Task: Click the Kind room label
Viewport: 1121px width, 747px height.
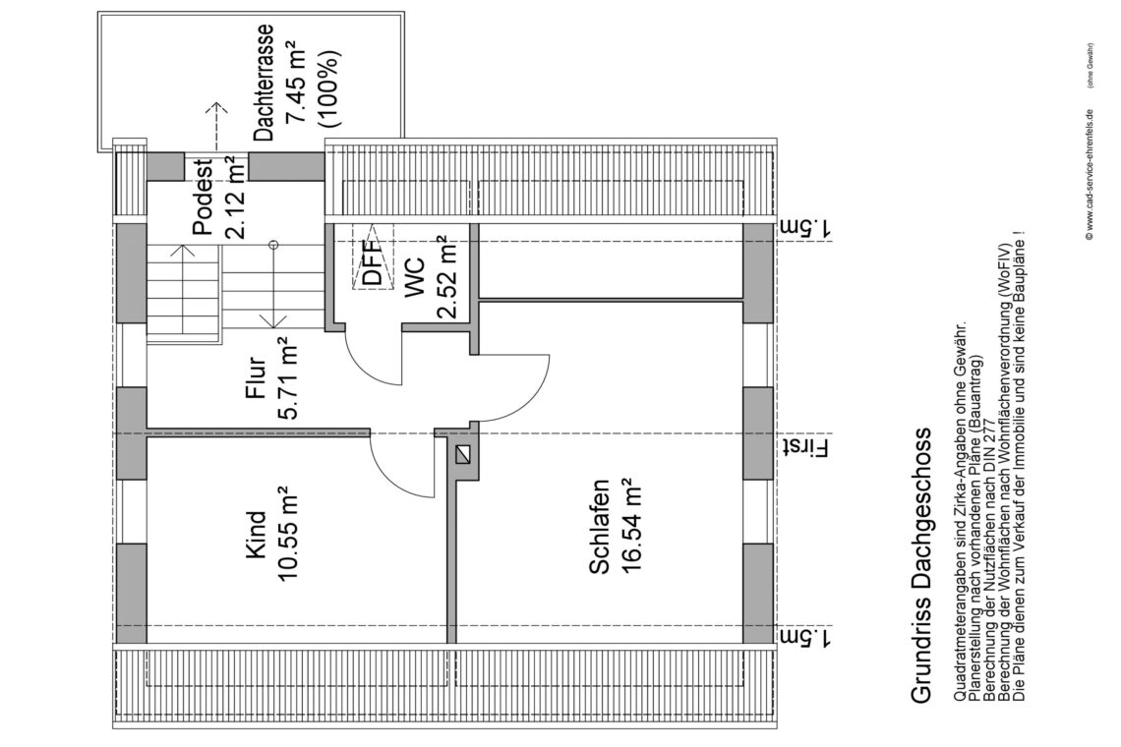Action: click(256, 534)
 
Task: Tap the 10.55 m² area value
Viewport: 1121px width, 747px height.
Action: click(288, 534)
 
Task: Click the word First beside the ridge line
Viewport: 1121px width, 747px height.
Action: click(808, 448)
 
